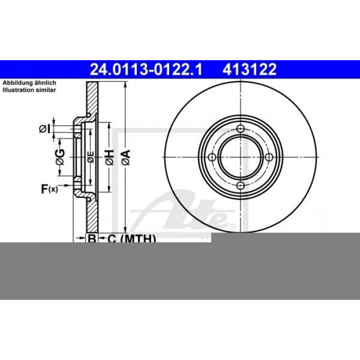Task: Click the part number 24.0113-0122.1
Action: click(x=146, y=69)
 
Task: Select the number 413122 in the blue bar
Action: click(x=249, y=69)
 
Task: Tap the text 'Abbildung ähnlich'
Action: click(x=29, y=83)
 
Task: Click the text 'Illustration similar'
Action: click(x=29, y=90)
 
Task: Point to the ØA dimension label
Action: click(x=126, y=157)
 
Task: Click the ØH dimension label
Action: click(x=110, y=157)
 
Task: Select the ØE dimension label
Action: click(x=91, y=157)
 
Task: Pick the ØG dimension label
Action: click(x=60, y=157)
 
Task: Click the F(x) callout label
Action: click(x=49, y=189)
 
